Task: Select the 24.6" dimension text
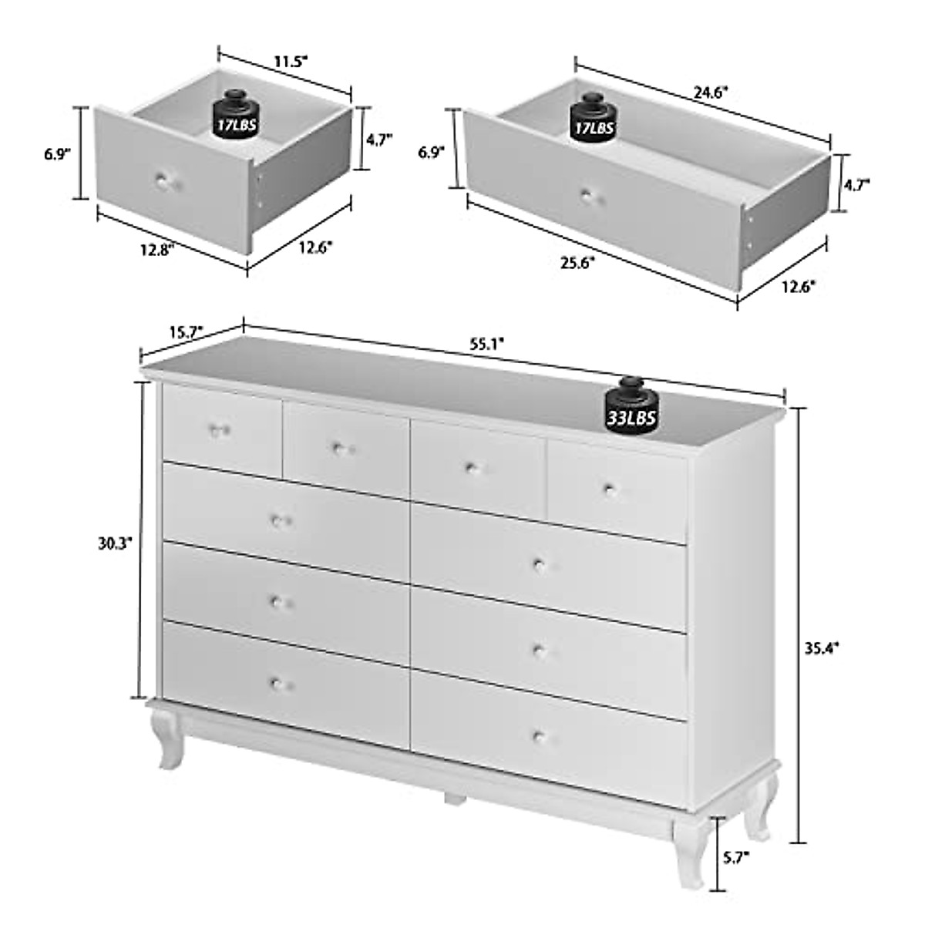click(710, 92)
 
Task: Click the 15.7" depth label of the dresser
click(185, 332)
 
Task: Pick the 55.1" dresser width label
click(487, 344)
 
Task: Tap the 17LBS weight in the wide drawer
click(591, 117)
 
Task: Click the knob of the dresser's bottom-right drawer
click(539, 735)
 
